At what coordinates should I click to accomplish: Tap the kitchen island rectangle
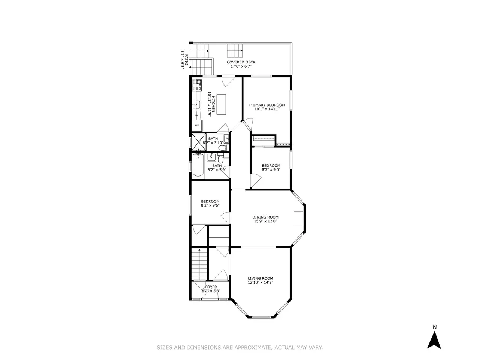pyautogui.click(x=221, y=105)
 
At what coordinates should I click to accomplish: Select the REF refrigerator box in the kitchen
pyautogui.click(x=197, y=126)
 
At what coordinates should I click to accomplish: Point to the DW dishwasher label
pyautogui.click(x=196, y=115)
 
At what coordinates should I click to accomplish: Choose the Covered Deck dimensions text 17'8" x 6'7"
pyautogui.click(x=241, y=66)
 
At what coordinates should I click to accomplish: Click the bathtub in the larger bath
pyautogui.click(x=198, y=165)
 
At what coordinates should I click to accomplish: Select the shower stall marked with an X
pyautogui.click(x=199, y=142)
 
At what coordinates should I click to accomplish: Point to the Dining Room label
pyautogui.click(x=265, y=217)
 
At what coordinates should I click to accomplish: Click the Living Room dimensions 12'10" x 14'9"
pyautogui.click(x=261, y=282)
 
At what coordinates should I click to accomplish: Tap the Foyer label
pyautogui.click(x=211, y=287)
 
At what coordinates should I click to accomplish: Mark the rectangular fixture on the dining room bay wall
pyautogui.click(x=298, y=219)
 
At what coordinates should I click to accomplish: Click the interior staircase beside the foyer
pyautogui.click(x=199, y=264)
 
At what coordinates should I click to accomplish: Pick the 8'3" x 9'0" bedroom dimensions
pyautogui.click(x=271, y=169)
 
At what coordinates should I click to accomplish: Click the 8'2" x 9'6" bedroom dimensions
pyautogui.click(x=210, y=205)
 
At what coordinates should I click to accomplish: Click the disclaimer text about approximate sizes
pyautogui.click(x=240, y=347)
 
